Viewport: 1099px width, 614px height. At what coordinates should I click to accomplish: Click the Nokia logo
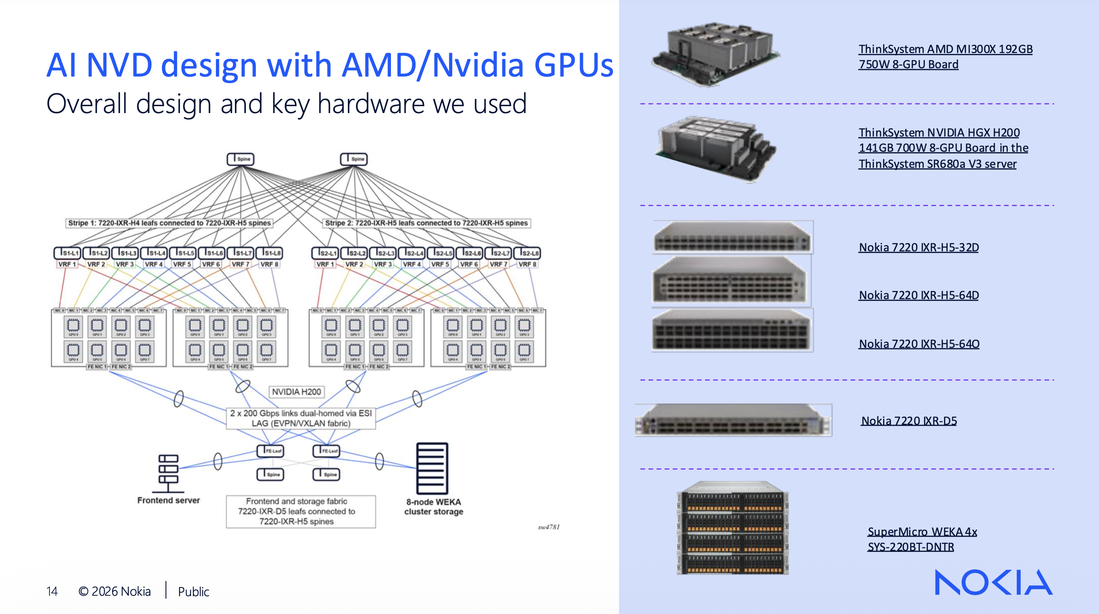[993, 582]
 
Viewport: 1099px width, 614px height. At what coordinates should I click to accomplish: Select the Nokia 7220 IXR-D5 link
[909, 421]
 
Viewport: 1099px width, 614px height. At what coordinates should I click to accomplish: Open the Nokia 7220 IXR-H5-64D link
[918, 295]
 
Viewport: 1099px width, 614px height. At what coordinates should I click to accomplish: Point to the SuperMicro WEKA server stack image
[732, 528]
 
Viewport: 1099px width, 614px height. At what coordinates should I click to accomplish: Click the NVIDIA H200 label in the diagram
[296, 392]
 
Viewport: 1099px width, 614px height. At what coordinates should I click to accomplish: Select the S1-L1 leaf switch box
[67, 253]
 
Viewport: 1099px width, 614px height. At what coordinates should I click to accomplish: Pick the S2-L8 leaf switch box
[527, 253]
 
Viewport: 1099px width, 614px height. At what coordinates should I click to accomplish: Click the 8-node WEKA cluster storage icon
[432, 468]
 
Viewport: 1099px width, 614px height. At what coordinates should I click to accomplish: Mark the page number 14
[52, 591]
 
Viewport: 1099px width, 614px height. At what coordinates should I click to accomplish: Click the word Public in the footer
[193, 592]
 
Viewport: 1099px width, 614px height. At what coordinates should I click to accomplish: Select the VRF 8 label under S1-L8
[269, 264]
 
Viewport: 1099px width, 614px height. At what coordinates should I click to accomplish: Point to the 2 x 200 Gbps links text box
[301, 418]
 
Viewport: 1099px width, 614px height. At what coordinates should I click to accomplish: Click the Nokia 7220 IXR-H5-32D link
[918, 247]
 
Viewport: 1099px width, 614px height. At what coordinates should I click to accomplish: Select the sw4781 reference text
[549, 527]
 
